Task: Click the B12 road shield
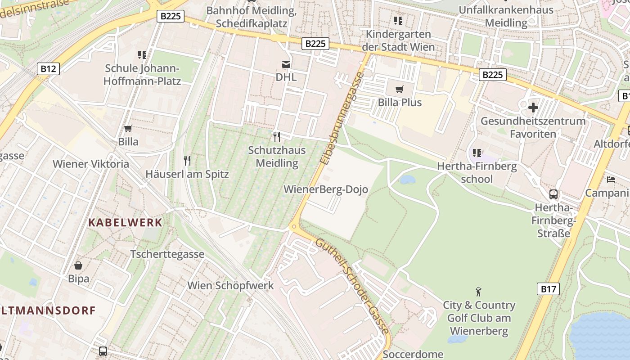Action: [48, 68]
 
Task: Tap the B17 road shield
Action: [548, 289]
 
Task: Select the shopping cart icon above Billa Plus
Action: [399, 89]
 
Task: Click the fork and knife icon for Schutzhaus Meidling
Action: [277, 136]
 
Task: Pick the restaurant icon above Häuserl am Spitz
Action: [187, 160]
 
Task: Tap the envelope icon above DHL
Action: [286, 64]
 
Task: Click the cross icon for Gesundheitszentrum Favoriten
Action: [533, 108]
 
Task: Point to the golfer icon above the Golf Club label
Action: [478, 292]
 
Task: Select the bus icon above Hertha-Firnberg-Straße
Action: [553, 194]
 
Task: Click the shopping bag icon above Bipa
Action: [78, 265]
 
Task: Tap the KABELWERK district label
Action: [125, 222]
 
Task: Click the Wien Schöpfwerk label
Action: [230, 285]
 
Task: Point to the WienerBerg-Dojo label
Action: [326, 189]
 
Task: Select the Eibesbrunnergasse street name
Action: [341, 118]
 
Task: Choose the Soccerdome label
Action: [413, 354]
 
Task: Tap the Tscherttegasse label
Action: [167, 254]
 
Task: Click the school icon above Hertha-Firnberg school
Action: [477, 153]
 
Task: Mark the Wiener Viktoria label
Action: [91, 164]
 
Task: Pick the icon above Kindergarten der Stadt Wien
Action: [398, 21]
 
